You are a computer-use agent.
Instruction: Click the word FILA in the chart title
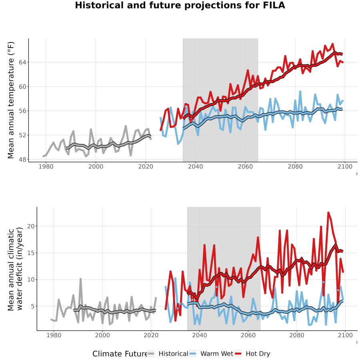point(274,5)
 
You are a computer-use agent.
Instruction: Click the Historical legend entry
point(167,354)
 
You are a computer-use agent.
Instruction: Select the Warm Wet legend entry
point(211,354)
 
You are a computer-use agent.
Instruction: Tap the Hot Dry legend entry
point(252,354)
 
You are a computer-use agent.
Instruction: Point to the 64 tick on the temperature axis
point(22,62)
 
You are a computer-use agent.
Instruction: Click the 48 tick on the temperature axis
point(22,159)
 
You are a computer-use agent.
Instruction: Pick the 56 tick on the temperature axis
point(22,111)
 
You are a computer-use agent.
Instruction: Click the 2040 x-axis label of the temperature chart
point(195,166)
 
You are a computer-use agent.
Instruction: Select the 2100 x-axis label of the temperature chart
point(345,166)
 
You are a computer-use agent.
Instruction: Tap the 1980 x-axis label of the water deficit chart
point(54,335)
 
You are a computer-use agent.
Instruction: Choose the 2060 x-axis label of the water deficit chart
point(248,335)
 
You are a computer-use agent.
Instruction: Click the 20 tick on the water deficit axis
point(30,226)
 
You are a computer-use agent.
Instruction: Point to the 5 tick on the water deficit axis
point(32,306)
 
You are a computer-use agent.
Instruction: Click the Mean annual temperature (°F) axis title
point(11,100)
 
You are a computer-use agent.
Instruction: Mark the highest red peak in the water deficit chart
point(328,213)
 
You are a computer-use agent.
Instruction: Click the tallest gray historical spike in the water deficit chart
point(80,279)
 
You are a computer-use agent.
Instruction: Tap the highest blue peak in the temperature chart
point(300,92)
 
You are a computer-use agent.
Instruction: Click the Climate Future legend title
point(120,354)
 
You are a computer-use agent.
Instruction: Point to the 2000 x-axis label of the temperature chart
point(96,166)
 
